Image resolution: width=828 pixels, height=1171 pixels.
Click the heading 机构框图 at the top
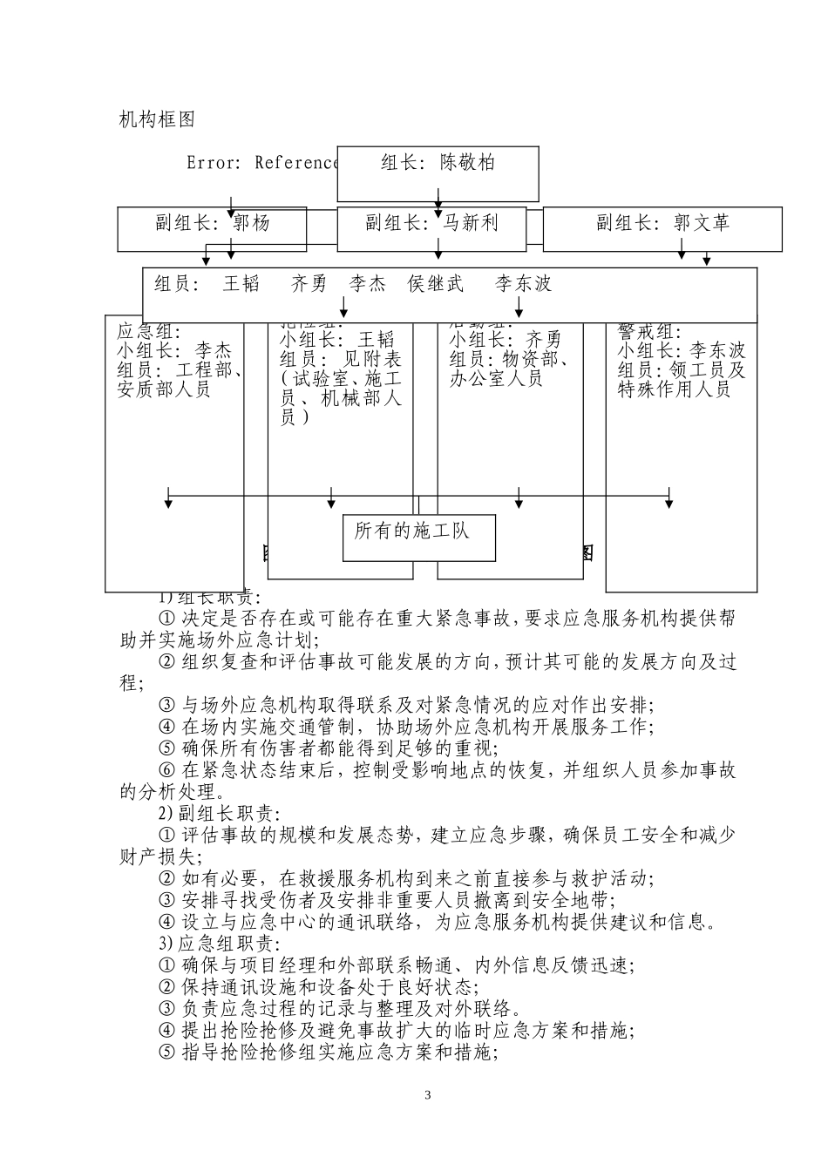pyautogui.click(x=157, y=119)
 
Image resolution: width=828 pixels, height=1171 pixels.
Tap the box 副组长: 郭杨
pyautogui.click(x=213, y=223)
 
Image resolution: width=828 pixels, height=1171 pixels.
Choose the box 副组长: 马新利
pyautogui.click(x=431, y=223)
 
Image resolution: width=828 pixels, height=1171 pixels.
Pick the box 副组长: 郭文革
pyautogui.click(x=662, y=223)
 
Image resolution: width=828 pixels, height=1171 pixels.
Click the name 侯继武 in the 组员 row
pyautogui.click(x=436, y=284)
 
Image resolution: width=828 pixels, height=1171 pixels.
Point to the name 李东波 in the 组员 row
pyautogui.click(x=524, y=284)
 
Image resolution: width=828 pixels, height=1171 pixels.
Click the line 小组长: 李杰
pyautogui.click(x=174, y=351)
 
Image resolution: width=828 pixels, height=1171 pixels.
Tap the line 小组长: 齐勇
pyautogui.click(x=506, y=340)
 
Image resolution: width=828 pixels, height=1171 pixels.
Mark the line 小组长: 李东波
pyautogui.click(x=682, y=351)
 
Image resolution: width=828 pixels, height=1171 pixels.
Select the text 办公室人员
pyautogui.click(x=496, y=378)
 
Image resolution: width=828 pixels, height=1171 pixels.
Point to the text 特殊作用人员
pyautogui.click(x=674, y=389)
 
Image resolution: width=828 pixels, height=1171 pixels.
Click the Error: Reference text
pyautogui.click(x=261, y=163)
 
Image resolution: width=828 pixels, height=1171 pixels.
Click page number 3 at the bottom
pyautogui.click(x=427, y=1095)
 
